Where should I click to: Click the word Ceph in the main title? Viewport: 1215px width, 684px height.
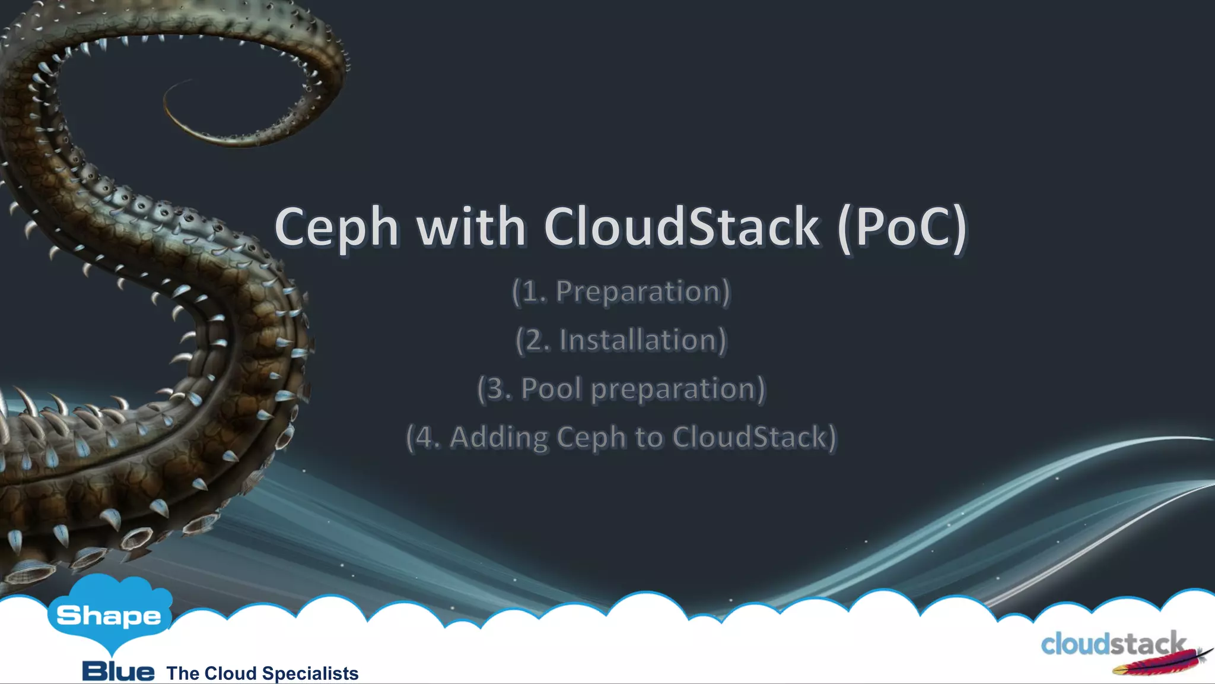click(336, 227)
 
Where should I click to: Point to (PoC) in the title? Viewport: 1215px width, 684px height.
click(902, 227)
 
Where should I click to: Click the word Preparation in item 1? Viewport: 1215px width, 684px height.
click(638, 292)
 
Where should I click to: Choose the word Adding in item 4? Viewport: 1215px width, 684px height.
click(499, 438)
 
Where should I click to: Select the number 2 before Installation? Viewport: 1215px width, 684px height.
click(535, 341)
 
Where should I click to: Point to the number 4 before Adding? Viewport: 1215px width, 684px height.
click(425, 438)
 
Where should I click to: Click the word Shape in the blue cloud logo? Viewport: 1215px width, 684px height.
click(109, 616)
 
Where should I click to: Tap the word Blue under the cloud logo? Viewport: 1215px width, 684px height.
click(118, 672)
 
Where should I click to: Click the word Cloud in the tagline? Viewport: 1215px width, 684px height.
click(230, 673)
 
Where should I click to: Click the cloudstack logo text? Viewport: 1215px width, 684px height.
click(1112, 644)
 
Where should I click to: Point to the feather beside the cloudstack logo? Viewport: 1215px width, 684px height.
click(1163, 662)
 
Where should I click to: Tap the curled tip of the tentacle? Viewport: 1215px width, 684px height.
click(178, 101)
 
